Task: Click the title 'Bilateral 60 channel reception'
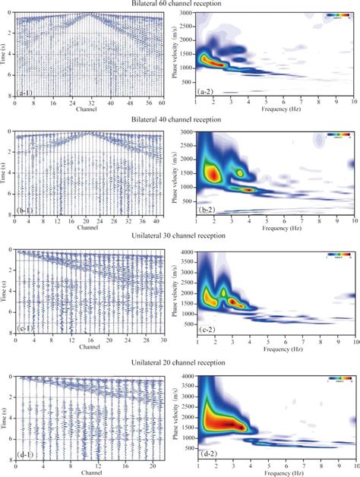point(180,5)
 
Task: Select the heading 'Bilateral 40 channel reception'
point(180,122)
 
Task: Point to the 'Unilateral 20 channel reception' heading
point(180,362)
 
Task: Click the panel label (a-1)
point(25,93)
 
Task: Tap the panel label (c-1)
point(25,329)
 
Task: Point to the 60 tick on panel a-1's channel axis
point(161,103)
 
